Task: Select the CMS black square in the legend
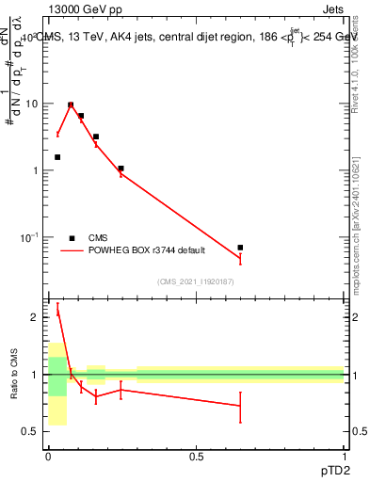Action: pyautogui.click(x=72, y=238)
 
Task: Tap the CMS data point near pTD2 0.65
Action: pyautogui.click(x=240, y=248)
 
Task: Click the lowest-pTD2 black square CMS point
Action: pyautogui.click(x=57, y=157)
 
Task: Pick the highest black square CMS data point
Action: pyautogui.click(x=71, y=105)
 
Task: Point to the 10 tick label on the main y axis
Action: pyautogui.click(x=32, y=104)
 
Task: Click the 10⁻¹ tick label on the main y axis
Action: pyautogui.click(x=28, y=236)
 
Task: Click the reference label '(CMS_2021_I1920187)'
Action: pyautogui.click(x=196, y=281)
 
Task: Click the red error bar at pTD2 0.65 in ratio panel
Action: pyautogui.click(x=240, y=407)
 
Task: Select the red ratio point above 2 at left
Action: pyautogui.click(x=57, y=311)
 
